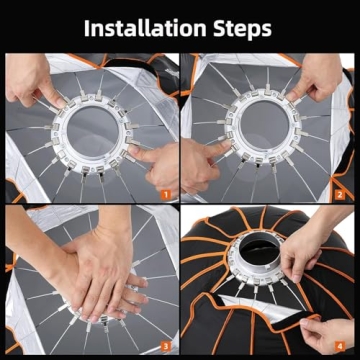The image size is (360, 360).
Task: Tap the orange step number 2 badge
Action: (x=339, y=193)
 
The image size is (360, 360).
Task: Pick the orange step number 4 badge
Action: (x=339, y=346)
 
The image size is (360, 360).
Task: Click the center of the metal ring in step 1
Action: (x=85, y=127)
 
